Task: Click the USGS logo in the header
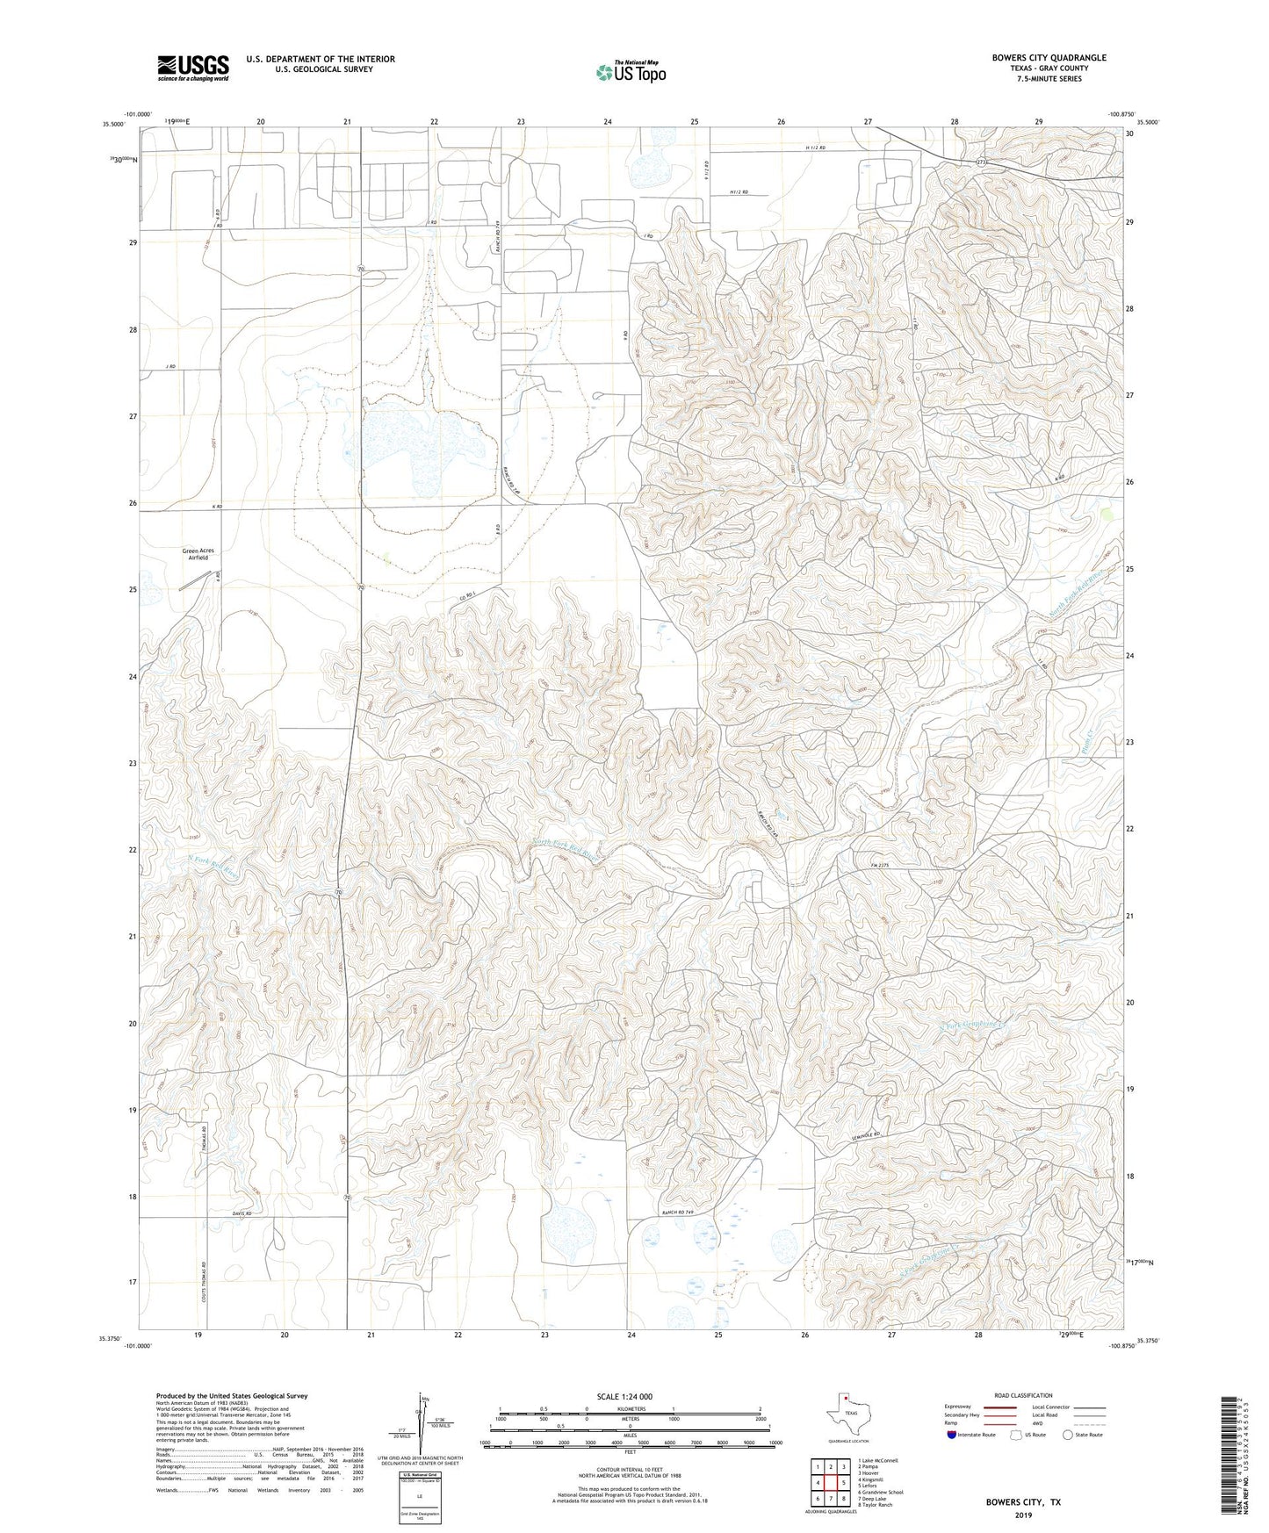[193, 68]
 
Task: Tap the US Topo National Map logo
[630, 72]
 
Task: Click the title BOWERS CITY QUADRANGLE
[1049, 58]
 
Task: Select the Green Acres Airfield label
[198, 554]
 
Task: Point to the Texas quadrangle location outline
[847, 1414]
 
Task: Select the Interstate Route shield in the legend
[954, 1436]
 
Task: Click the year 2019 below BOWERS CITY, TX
[1022, 1515]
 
